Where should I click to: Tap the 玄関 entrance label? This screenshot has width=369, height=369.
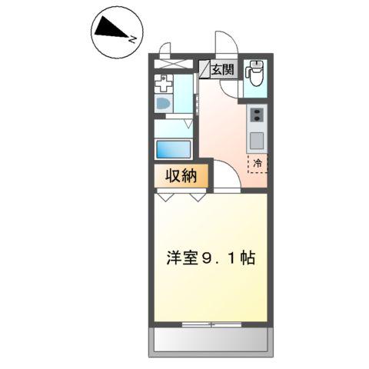(x=223, y=70)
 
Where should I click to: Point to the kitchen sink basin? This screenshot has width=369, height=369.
(x=256, y=141)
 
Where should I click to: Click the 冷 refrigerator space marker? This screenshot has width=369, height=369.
(x=258, y=163)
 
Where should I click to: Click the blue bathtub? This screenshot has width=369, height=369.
(x=174, y=148)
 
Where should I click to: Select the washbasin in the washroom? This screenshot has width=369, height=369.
(x=164, y=103)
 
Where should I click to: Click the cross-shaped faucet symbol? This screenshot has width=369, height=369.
(x=162, y=82)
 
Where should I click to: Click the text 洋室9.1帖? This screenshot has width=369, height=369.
(x=209, y=258)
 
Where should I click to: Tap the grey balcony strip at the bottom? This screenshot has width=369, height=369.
(x=210, y=337)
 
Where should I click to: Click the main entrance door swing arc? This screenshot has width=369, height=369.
(x=225, y=43)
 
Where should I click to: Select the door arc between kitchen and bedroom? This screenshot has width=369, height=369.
(x=224, y=178)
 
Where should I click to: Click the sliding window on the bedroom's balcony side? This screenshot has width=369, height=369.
(x=210, y=323)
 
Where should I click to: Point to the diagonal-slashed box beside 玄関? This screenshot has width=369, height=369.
(x=206, y=70)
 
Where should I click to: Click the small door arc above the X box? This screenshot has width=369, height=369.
(x=164, y=51)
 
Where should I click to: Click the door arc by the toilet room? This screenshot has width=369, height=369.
(x=230, y=88)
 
